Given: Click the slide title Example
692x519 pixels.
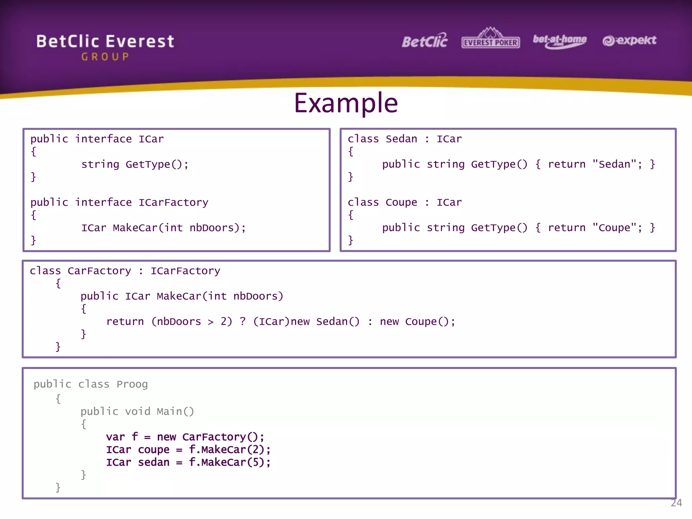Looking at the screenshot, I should point(346,103).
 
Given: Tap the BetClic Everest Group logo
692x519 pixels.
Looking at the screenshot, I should point(105,47).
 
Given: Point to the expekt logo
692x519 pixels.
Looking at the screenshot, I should point(629,41).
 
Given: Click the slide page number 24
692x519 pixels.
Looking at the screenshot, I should point(676,503).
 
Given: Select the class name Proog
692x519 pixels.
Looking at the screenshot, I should point(132,384).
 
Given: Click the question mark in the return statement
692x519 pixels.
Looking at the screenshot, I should point(243,321).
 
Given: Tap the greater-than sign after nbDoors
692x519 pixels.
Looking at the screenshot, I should point(211,322).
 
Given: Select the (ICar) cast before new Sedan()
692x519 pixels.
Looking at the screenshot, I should point(271,321).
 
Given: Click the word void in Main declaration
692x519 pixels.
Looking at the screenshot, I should point(138,412).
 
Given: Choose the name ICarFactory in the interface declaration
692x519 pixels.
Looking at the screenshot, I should point(173,202).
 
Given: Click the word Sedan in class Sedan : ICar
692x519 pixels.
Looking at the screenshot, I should point(401,139).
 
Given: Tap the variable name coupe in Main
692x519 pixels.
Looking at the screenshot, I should point(153,450).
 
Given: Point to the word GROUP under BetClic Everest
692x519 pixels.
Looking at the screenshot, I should point(105,57).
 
